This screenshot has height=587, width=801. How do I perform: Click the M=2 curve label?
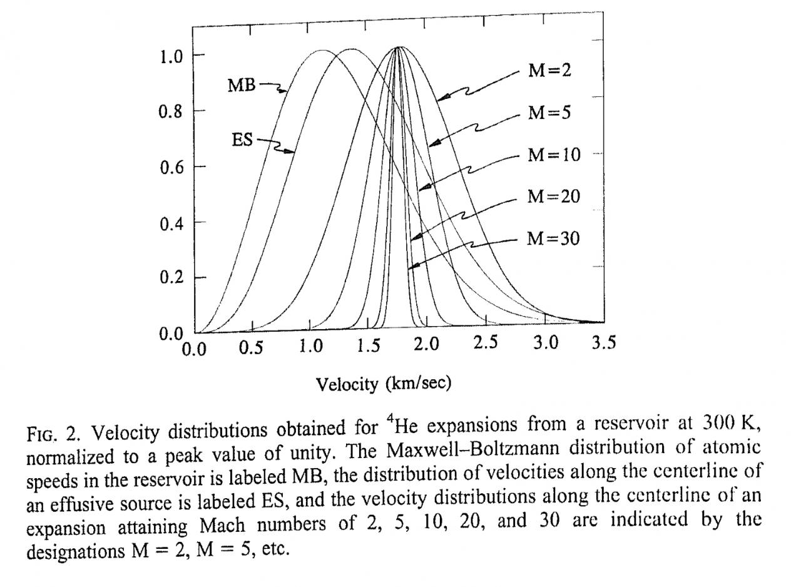pos(549,71)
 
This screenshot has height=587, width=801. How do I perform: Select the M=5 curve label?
pos(549,113)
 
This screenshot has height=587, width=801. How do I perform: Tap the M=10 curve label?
pos(554,155)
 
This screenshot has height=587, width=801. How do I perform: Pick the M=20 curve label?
pos(553,197)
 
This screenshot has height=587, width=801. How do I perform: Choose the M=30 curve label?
pos(553,238)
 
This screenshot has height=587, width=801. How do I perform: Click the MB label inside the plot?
pos(242,86)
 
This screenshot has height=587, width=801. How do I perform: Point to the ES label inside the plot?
pos(242,140)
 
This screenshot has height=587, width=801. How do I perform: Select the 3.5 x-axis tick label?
pos(603,343)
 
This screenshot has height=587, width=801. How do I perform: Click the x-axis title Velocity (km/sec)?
pos(383,383)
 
